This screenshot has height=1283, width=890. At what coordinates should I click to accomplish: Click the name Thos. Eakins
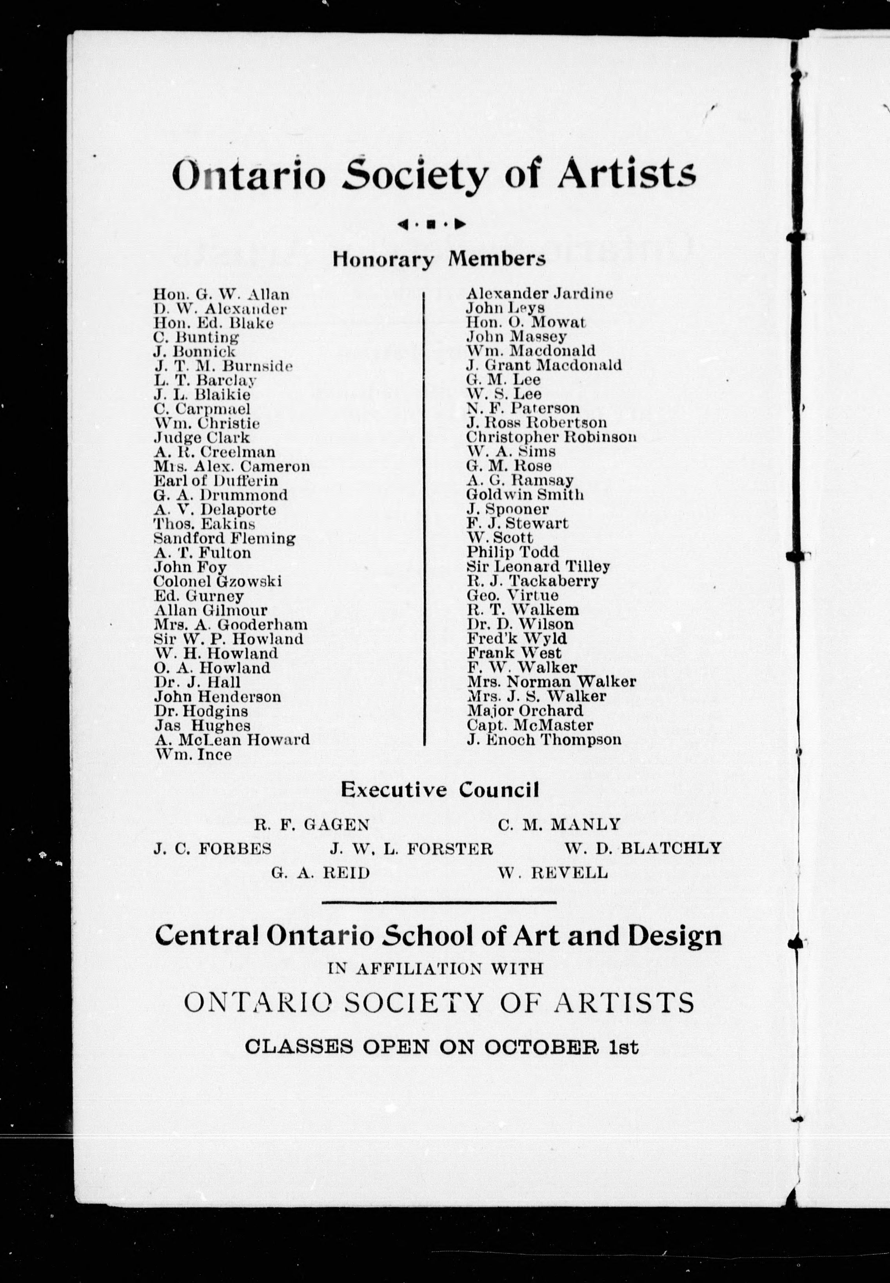tap(204, 524)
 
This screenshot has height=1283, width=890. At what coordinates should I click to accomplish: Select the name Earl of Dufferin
tap(215, 481)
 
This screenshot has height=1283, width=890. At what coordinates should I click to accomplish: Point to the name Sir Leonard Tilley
tap(538, 567)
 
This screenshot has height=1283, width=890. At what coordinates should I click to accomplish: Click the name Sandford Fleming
tap(224, 539)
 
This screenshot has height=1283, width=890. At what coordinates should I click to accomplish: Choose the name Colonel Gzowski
tap(218, 582)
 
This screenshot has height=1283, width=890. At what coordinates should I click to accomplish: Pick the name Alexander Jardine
tap(539, 293)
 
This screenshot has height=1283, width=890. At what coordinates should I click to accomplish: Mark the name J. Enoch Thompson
tap(544, 740)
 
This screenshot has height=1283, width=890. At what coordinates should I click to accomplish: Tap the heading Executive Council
tap(440, 790)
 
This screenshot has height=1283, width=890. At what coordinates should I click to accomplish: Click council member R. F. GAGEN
tap(312, 824)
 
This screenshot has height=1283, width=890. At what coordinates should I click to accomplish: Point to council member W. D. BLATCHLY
tap(643, 848)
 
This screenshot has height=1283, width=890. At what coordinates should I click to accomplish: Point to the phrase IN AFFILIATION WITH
tap(436, 969)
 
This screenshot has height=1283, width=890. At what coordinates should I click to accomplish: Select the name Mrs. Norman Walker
tap(551, 682)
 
